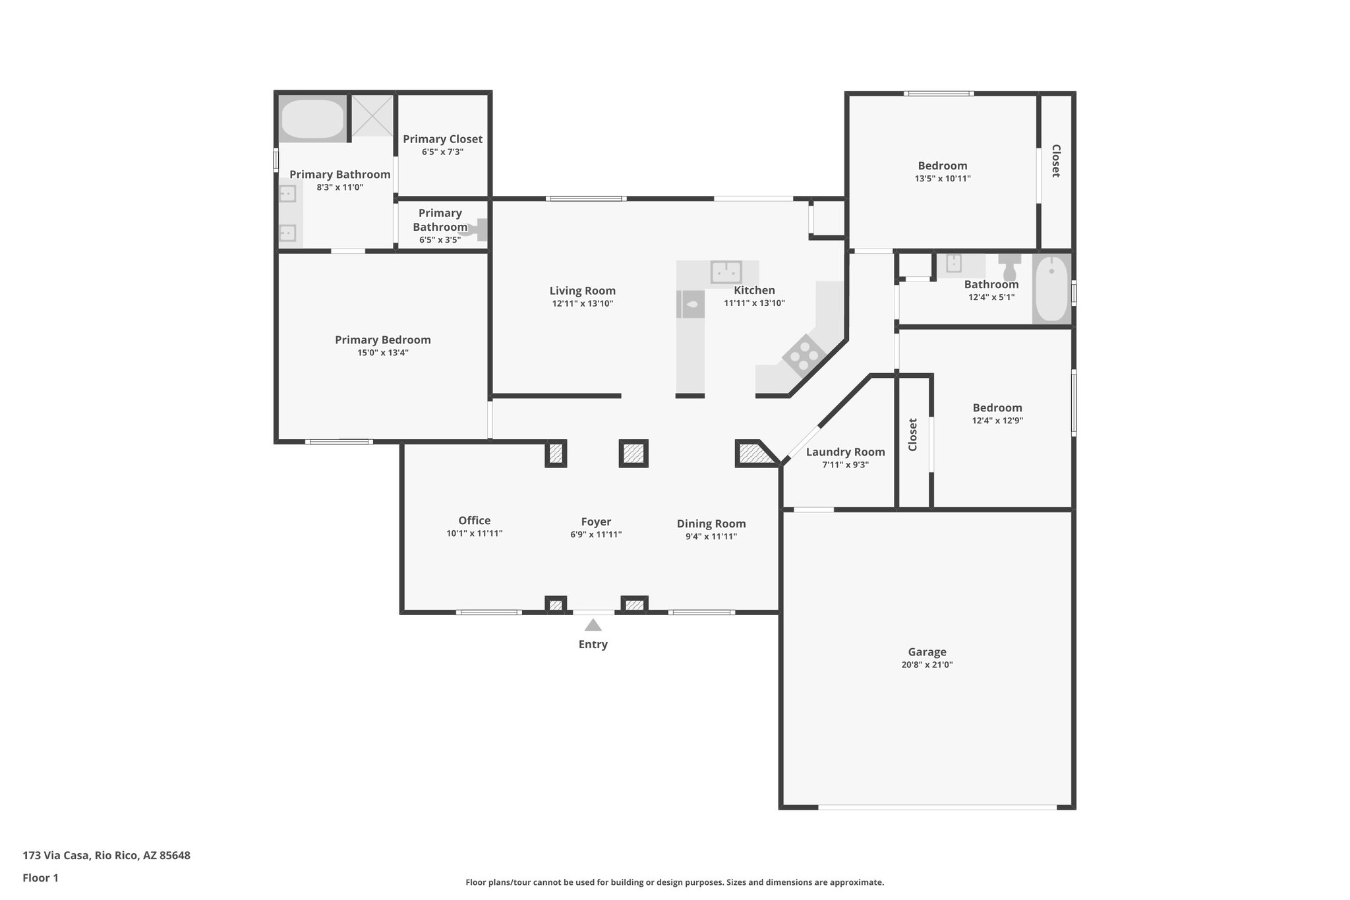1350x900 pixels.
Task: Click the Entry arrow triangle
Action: [x=593, y=625]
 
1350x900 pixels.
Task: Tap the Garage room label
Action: [x=927, y=652]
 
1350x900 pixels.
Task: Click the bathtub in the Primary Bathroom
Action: [x=312, y=119]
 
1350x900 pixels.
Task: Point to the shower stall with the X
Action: [x=372, y=116]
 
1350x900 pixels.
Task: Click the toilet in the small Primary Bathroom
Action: [x=477, y=229]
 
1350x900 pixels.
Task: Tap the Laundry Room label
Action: [x=845, y=452]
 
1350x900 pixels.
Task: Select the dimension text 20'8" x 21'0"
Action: [x=927, y=665]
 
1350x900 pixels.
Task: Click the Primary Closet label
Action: [x=442, y=139]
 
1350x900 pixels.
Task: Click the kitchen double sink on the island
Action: [x=726, y=272]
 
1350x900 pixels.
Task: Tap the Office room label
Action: [x=474, y=521]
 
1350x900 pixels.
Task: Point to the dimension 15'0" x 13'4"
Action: [x=382, y=353]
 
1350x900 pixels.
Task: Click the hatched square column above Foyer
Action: [x=633, y=453]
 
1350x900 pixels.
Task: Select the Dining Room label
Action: [x=711, y=524]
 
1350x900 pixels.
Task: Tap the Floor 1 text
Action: [x=40, y=878]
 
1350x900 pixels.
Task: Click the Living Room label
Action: [x=582, y=291]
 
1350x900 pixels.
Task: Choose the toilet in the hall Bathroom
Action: [x=1009, y=267]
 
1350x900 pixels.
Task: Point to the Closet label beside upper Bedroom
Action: [x=1055, y=161]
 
